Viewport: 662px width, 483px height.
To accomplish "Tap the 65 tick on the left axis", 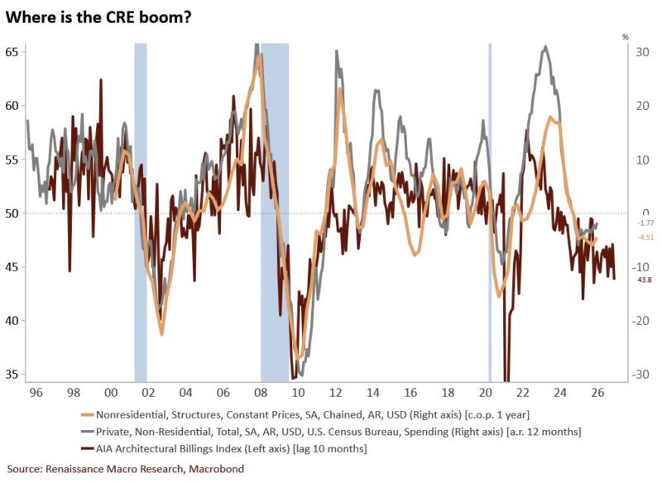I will [12, 51].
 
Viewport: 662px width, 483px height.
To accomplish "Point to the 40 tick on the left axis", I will [12, 321].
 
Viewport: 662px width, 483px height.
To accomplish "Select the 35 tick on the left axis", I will [12, 375].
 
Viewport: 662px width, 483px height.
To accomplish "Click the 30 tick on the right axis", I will [640, 52].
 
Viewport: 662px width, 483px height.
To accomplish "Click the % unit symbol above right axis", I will [626, 36].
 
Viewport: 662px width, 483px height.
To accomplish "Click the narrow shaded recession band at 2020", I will [490, 207].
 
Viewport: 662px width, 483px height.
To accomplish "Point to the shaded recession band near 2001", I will [141, 207].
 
